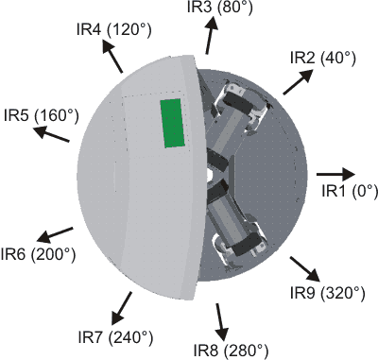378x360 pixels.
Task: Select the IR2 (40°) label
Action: [x=322, y=58]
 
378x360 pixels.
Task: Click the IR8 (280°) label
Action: [x=231, y=349]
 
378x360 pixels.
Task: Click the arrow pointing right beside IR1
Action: [x=335, y=174]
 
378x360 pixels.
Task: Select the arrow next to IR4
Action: [x=113, y=60]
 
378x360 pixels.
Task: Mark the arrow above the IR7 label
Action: [x=124, y=304]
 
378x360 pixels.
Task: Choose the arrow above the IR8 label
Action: [x=222, y=320]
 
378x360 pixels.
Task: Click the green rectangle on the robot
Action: [x=172, y=123]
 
